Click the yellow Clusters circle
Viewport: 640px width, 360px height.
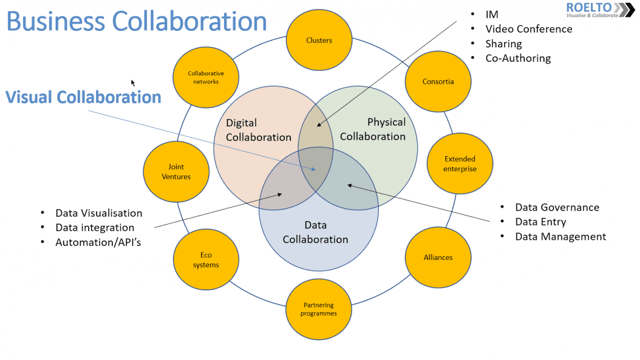[319, 40]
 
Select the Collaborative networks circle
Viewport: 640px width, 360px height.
[205, 78]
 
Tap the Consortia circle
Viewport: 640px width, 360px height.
[438, 81]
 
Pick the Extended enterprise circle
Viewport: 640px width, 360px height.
[460, 164]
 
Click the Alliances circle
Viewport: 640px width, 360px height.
[438, 257]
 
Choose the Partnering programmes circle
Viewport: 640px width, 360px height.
[318, 309]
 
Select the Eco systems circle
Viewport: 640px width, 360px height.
[205, 261]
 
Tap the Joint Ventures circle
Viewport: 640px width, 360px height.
[176, 171]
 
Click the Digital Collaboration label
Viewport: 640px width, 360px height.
[258, 130]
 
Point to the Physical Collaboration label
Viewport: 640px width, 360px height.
[373, 129]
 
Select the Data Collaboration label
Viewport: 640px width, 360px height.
[315, 232]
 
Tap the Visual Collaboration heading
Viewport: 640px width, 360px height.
[84, 97]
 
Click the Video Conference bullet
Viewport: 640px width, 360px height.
[528, 29]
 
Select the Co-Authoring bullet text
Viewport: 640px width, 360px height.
[518, 58]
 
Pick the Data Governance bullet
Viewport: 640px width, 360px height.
[557, 208]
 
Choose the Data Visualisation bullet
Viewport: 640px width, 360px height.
[99, 213]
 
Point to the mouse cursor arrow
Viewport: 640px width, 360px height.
[133, 83]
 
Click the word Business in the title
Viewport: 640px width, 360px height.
[55, 21]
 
